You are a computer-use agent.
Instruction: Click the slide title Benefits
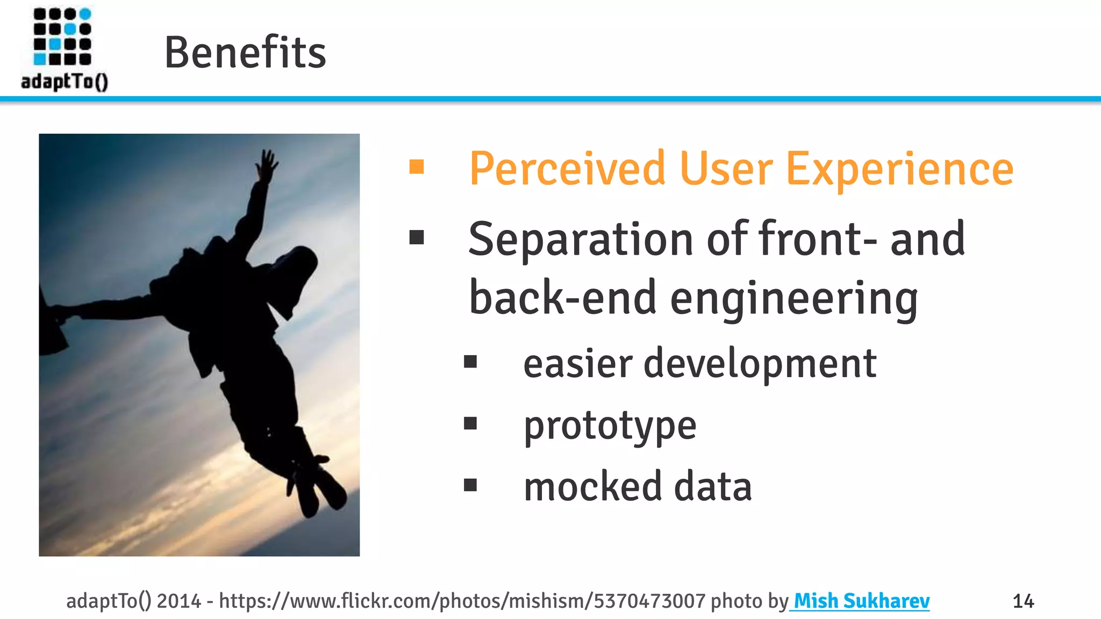pyautogui.click(x=245, y=53)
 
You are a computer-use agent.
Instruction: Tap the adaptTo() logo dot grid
pyautogui.click(x=62, y=37)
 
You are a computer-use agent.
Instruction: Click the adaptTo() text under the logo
pyautogui.click(x=65, y=82)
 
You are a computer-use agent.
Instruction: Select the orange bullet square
pyautogui.click(x=417, y=167)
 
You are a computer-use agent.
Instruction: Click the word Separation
pyautogui.click(x=581, y=240)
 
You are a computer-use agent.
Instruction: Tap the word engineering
pyautogui.click(x=794, y=299)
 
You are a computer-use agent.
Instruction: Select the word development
pyautogui.click(x=760, y=364)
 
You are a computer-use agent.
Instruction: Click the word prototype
pyautogui.click(x=610, y=426)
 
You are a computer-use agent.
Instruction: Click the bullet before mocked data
pyautogui.click(x=470, y=485)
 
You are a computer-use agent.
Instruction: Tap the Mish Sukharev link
pyautogui.click(x=861, y=601)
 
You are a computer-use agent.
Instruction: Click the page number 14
pyautogui.click(x=1023, y=601)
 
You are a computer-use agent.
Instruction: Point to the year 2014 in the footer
pyautogui.click(x=178, y=601)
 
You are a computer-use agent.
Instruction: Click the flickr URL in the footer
pyautogui.click(x=462, y=601)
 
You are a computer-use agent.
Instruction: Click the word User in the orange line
pyautogui.click(x=726, y=169)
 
